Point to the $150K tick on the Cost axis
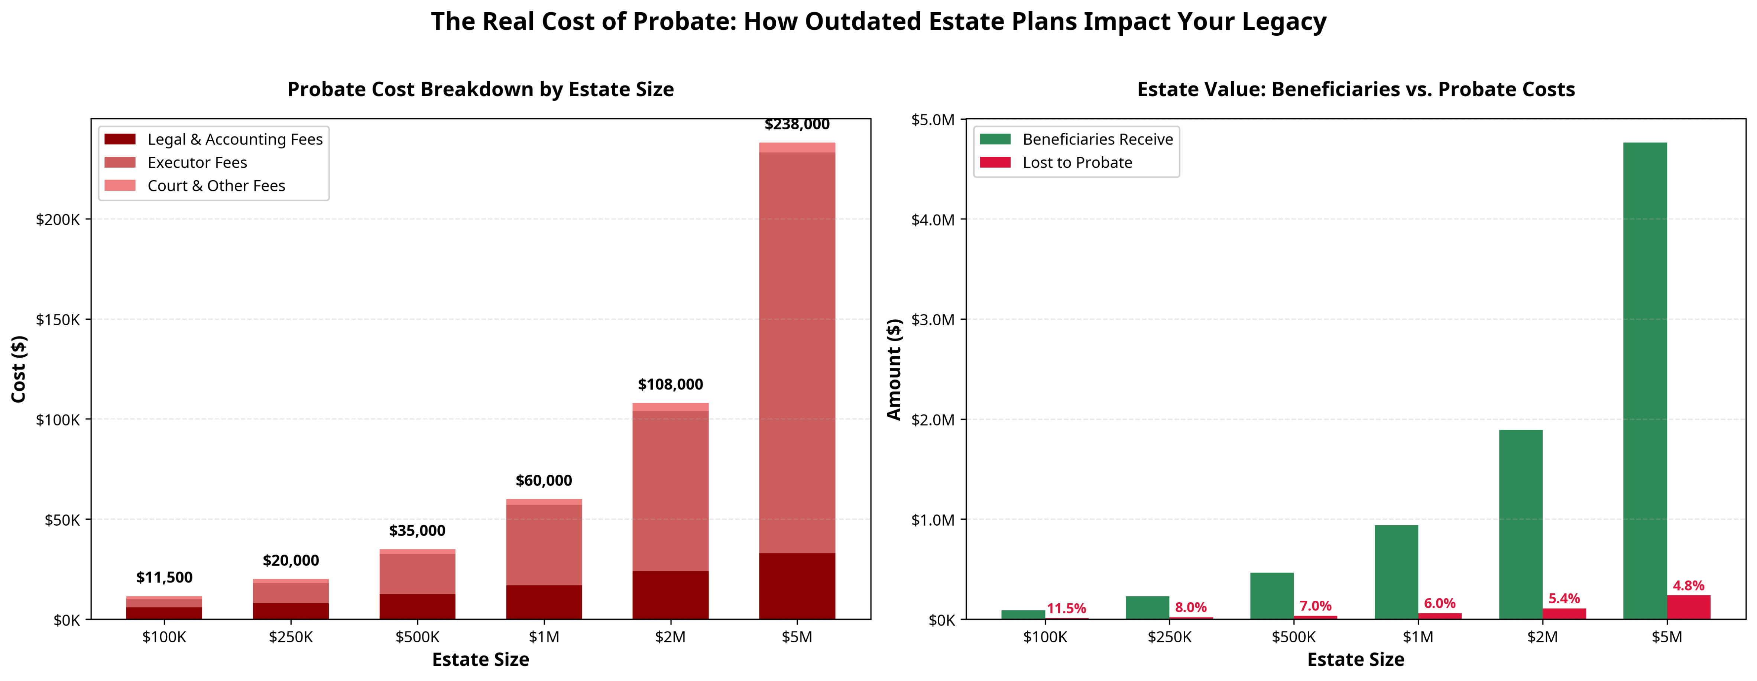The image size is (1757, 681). (58, 319)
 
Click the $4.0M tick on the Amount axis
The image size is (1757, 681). (933, 220)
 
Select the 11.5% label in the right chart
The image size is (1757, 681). (1066, 609)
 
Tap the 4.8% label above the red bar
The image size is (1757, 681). (1688, 585)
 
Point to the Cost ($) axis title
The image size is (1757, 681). (19, 368)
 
